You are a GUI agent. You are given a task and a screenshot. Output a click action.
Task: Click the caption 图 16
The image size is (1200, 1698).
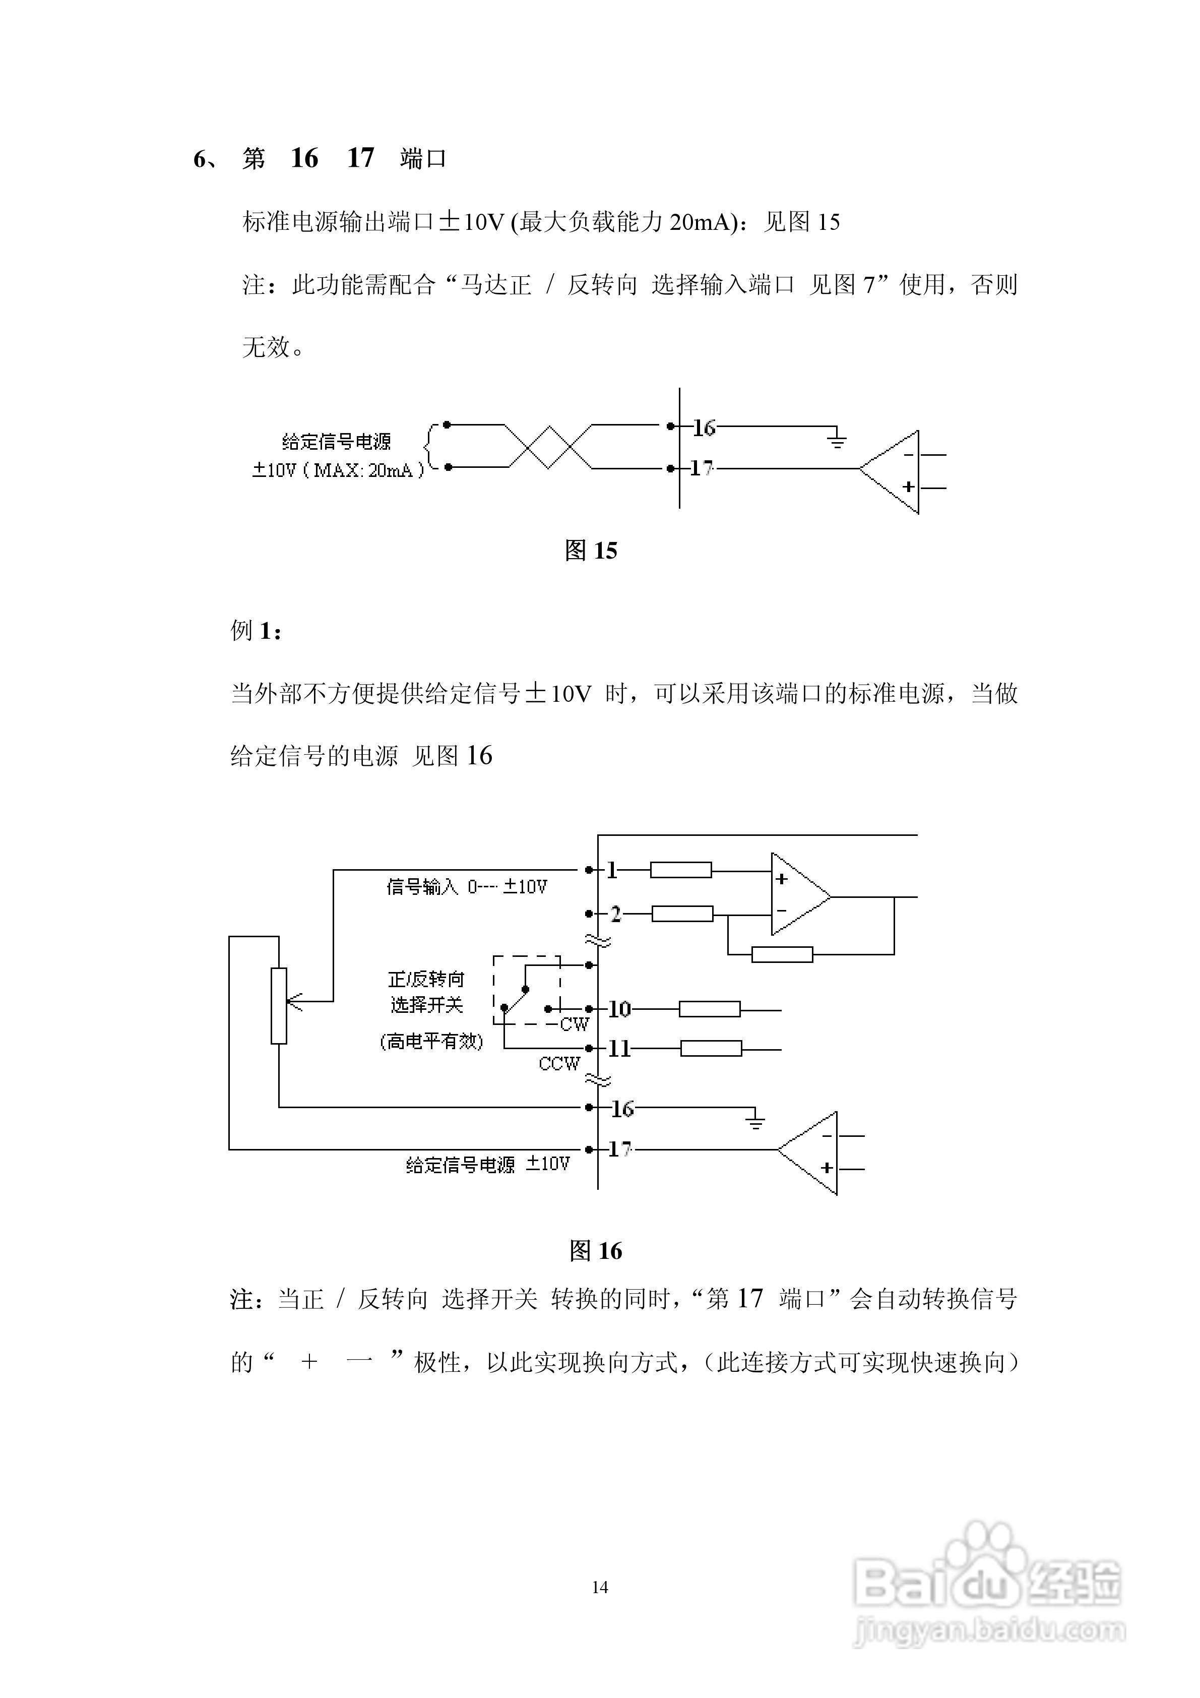point(595,1251)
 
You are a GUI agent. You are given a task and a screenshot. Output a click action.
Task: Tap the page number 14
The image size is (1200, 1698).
point(600,1587)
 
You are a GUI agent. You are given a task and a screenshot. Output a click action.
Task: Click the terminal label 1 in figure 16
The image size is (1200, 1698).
point(612,871)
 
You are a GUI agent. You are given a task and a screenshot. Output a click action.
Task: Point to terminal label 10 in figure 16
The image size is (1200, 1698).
point(619,1009)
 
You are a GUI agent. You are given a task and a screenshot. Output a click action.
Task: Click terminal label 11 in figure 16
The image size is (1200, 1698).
point(619,1048)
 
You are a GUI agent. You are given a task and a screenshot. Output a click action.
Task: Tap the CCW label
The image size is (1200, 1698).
point(559,1063)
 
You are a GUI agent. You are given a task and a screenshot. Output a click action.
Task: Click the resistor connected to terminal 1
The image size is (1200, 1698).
point(680,871)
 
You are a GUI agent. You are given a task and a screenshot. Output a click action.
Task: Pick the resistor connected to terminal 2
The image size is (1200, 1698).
point(682,914)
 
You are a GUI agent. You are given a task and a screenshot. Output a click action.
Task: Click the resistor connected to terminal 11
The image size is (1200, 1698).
point(711,1048)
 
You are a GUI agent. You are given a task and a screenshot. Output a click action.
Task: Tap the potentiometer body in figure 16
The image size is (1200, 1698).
point(279,1005)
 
